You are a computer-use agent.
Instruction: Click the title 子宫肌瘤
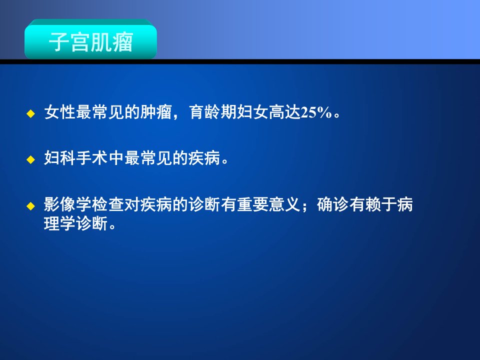pos(91,42)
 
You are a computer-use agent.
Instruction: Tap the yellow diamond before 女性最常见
pos(31,114)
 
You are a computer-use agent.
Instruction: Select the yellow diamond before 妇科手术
pos(31,159)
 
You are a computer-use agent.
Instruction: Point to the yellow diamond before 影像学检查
pos(31,206)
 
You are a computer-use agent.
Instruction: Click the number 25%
pos(316,112)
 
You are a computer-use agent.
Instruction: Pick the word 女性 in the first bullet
pos(60,112)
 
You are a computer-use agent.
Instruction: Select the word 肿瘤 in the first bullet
pos(156,112)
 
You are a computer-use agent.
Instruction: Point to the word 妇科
pos(60,158)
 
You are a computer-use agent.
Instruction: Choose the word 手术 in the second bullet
pos(92,158)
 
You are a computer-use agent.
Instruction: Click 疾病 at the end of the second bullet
pos(204,158)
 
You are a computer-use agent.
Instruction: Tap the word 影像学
pos(68,204)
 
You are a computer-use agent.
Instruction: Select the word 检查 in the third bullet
pos(108,204)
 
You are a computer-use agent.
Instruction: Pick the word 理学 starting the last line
pos(60,223)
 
